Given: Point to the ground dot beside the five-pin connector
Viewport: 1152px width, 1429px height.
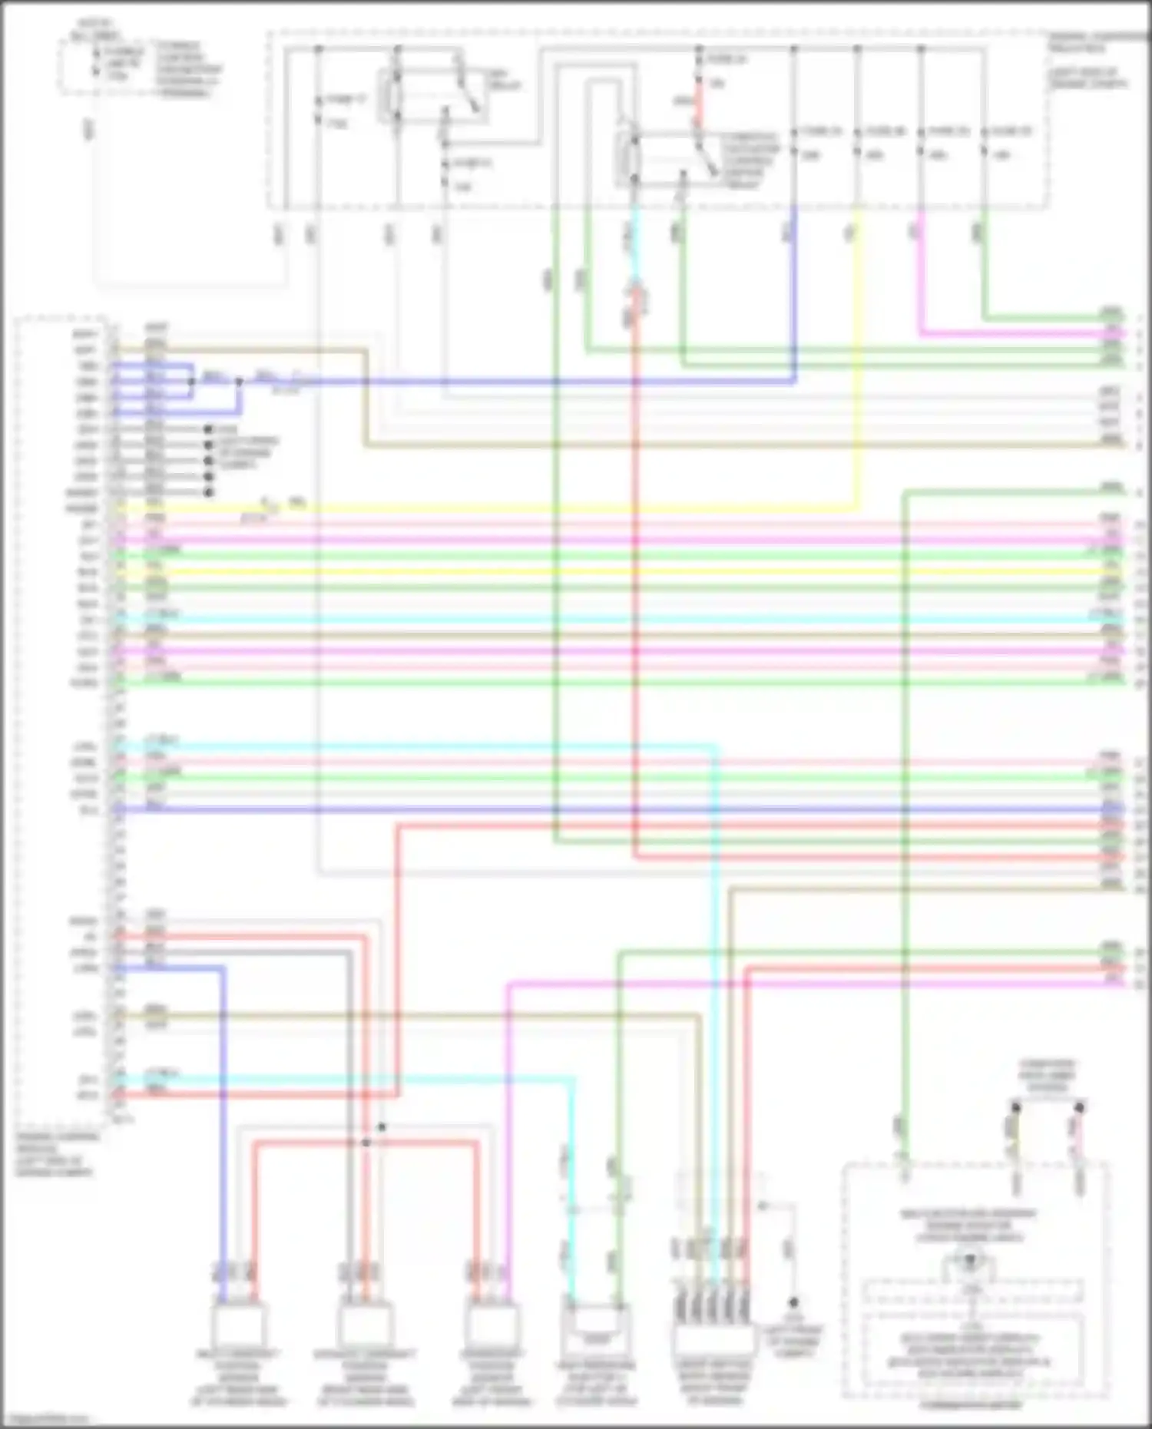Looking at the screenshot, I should point(793,1303).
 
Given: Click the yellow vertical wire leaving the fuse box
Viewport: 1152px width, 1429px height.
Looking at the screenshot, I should point(857,346).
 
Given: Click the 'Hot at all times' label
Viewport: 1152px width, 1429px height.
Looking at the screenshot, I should point(93,31).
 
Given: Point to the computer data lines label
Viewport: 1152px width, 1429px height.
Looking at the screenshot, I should point(1047,1076).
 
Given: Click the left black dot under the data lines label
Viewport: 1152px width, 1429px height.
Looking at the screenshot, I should point(1015,1107).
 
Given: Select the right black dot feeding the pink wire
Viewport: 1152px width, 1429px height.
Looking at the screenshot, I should point(1079,1107).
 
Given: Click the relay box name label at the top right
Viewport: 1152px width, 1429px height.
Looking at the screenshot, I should point(1087,61).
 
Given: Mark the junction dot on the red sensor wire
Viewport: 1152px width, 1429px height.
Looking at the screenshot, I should point(366,1143).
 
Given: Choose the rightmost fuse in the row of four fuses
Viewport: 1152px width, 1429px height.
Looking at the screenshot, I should point(985,143).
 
